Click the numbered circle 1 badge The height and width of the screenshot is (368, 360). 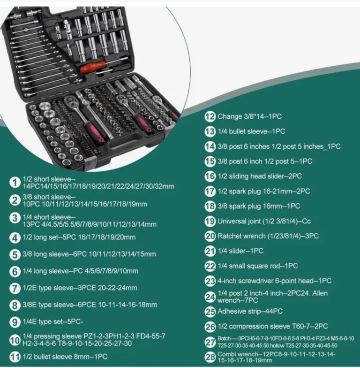[15, 183]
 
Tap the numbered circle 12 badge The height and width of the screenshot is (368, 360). [210, 116]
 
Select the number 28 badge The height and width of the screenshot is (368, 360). [210, 357]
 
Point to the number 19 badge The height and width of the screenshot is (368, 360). [210, 221]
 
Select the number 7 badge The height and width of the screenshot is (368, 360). [15, 288]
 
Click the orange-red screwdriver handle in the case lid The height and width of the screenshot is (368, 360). [92, 67]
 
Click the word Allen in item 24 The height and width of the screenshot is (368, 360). [320, 293]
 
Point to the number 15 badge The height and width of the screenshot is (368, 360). [210, 161]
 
